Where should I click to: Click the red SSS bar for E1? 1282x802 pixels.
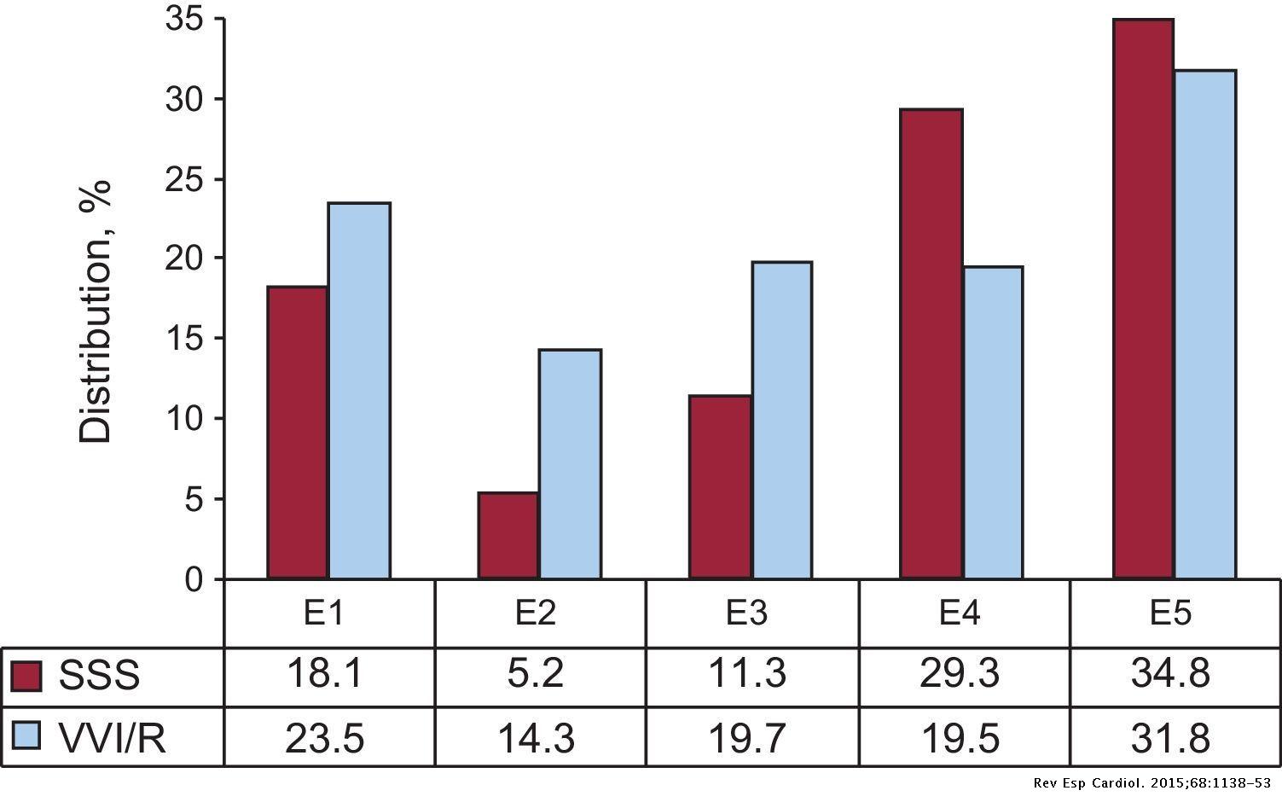click(x=297, y=433)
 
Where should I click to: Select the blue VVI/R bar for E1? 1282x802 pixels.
click(x=359, y=391)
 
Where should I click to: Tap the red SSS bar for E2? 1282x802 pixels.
click(x=508, y=536)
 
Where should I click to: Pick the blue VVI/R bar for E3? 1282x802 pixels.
click(x=781, y=421)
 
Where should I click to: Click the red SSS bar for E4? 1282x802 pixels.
click(x=931, y=344)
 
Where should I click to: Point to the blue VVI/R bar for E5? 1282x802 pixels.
click(x=1204, y=324)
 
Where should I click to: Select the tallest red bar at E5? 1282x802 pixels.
click(x=1143, y=299)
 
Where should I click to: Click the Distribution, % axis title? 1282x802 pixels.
click(x=96, y=311)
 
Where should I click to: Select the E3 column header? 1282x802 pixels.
click(x=748, y=613)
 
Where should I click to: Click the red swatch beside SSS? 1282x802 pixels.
click(x=26, y=677)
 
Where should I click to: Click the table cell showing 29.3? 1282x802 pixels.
click(x=960, y=676)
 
